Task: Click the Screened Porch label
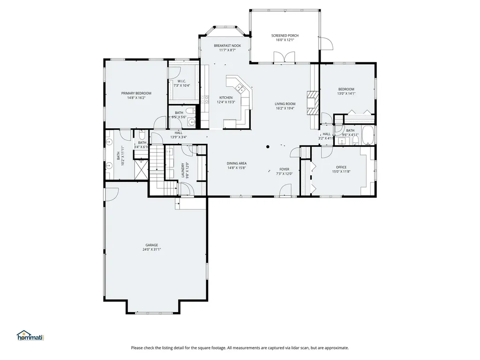285,36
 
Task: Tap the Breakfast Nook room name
227,45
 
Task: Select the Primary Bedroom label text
136,93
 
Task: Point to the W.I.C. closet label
182,81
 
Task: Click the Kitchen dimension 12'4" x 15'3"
225,102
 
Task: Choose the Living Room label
285,104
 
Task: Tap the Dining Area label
237,163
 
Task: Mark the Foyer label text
284,169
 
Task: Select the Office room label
341,167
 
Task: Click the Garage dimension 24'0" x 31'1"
151,249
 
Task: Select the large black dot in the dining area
268,147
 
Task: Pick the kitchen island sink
240,87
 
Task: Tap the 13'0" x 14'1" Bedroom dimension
346,94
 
